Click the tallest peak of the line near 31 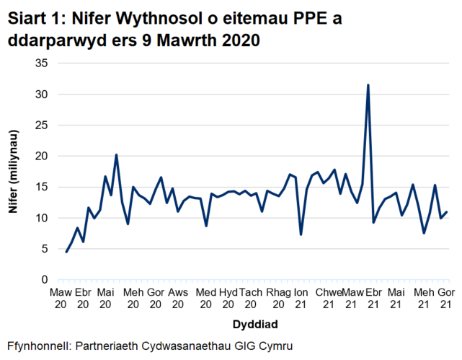[368, 85]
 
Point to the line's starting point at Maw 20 [66, 252]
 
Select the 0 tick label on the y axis [45, 280]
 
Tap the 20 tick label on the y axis [42, 156]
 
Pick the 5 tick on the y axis [45, 249]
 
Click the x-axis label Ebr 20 [83, 297]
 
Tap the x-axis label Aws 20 [178, 297]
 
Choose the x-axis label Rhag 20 [278, 297]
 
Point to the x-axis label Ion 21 [302, 297]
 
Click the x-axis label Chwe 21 [328, 297]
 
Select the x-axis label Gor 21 [447, 297]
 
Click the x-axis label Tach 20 [251, 297]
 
